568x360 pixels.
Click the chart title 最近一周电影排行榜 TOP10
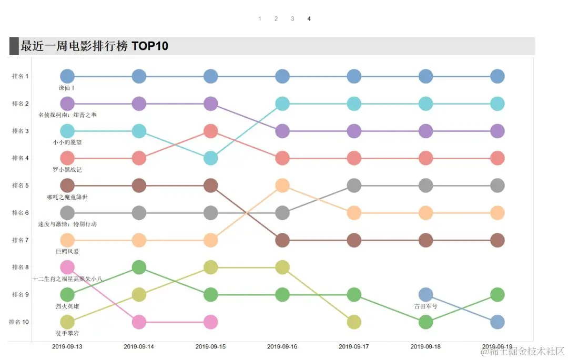tap(95, 46)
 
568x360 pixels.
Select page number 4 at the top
tap(309, 19)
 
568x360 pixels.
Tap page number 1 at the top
tap(259, 19)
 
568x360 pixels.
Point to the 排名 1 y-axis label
tap(21, 76)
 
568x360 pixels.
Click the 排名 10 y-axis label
tap(19, 322)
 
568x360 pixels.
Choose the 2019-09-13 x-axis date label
tap(67, 347)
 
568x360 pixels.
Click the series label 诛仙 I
tap(67, 88)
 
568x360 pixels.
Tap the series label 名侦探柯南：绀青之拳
tap(67, 115)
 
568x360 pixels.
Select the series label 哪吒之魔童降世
tap(67, 197)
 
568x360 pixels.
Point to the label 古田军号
tap(425, 306)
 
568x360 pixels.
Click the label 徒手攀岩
tap(67, 333)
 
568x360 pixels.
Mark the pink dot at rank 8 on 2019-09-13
tap(67, 268)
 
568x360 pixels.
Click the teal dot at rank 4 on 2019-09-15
tap(210, 158)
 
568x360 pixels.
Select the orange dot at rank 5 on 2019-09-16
tap(282, 186)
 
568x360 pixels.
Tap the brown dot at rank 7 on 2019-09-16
tap(282, 240)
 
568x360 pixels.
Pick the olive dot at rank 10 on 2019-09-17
tap(354, 322)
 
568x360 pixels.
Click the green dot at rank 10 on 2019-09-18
tap(425, 322)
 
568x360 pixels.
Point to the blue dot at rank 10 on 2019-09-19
tap(497, 322)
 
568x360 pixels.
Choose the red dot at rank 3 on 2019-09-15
tap(210, 131)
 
